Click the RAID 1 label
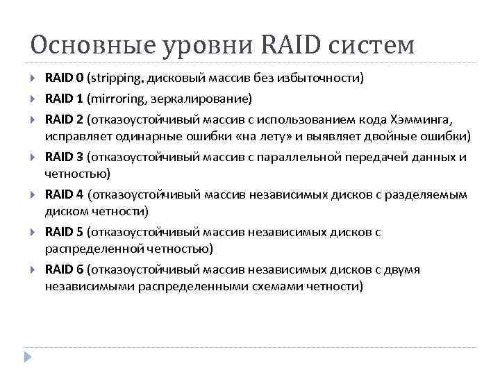click(64, 97)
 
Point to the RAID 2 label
click(64, 117)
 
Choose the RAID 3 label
click(64, 156)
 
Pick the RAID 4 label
click(64, 194)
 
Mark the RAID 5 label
click(64, 232)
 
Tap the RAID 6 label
click(64, 270)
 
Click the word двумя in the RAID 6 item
click(399, 270)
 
